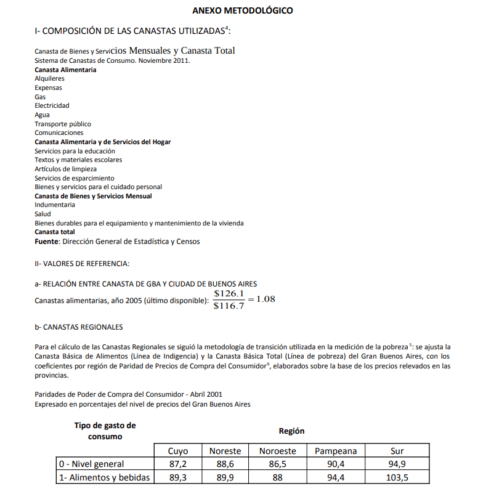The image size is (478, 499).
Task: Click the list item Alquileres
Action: point(49,79)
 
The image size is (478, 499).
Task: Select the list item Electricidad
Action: point(52,106)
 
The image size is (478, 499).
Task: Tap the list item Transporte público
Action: point(63,124)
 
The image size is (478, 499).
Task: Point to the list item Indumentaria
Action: point(55,205)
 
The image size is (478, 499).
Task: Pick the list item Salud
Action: point(43,214)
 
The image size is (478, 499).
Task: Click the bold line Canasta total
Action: point(55,232)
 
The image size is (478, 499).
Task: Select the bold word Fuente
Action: point(46,241)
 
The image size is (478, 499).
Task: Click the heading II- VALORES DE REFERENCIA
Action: point(82,264)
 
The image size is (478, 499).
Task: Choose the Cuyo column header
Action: point(178,451)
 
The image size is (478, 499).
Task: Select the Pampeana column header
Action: point(336,451)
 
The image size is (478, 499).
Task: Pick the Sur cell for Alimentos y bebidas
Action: point(397,477)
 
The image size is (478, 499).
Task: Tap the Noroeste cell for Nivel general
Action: point(277,464)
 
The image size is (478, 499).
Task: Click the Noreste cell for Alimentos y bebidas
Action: point(225,477)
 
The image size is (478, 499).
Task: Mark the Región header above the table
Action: point(291,431)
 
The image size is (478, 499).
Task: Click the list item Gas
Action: point(40,97)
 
